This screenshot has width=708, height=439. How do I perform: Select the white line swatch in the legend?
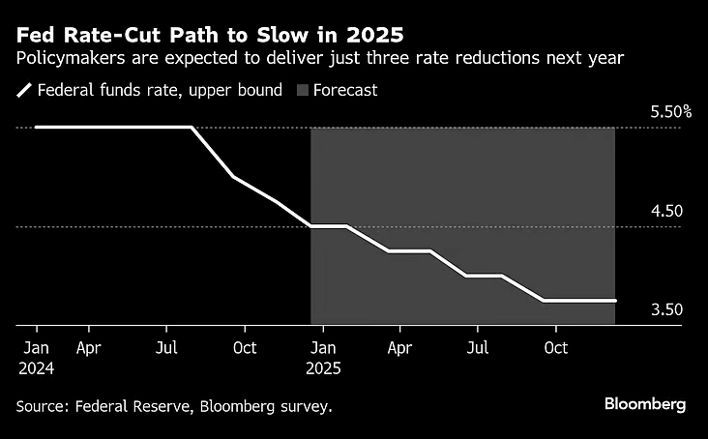[x=23, y=91]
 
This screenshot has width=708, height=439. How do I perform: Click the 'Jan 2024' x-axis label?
[x=35, y=357]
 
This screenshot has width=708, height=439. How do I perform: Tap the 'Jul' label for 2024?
[x=166, y=347]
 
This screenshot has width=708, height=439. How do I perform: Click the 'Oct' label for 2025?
[x=555, y=347]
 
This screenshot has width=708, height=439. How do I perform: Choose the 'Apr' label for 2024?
[x=89, y=347]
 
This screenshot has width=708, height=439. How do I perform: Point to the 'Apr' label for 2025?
[x=398, y=347]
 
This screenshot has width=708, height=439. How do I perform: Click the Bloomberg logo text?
[x=645, y=403]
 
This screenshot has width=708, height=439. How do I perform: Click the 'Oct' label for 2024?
[x=245, y=347]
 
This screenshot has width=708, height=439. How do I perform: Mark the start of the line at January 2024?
[x=36, y=127]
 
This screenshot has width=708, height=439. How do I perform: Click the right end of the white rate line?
[x=615, y=301]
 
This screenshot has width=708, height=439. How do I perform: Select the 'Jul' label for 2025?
[x=477, y=347]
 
